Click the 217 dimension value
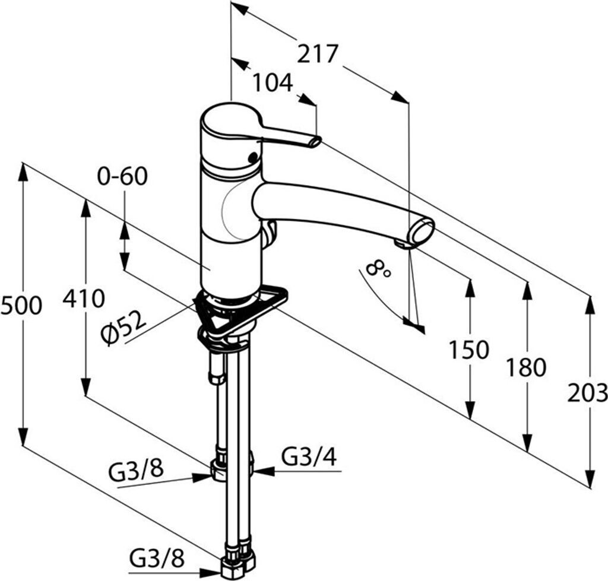[318, 54]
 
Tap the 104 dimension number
[273, 82]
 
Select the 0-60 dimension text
[122, 176]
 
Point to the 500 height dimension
[21, 306]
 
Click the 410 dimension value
[84, 299]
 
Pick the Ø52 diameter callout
[123, 328]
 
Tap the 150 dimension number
[469, 350]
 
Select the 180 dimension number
[526, 367]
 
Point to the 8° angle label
[377, 269]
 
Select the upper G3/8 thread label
[136, 471]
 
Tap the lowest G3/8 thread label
[157, 559]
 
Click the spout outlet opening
[422, 232]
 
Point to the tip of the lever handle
[316, 141]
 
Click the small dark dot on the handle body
[253, 157]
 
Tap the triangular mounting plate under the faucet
[240, 310]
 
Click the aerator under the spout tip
[403, 244]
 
